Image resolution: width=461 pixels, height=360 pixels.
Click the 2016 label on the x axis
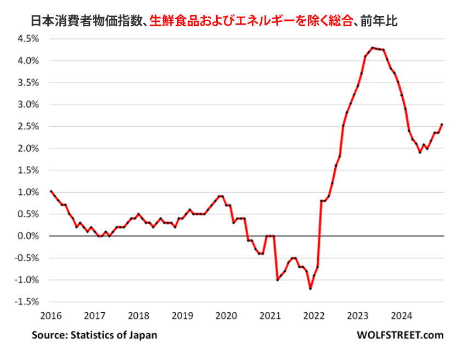point(51,316)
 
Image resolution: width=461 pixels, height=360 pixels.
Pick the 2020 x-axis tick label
point(226,316)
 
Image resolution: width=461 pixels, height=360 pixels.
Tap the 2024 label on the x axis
point(402,316)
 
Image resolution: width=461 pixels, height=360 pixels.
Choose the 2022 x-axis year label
point(314,316)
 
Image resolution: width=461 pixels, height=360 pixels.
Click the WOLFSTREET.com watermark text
point(400,334)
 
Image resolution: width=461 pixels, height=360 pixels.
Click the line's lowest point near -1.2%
point(310,288)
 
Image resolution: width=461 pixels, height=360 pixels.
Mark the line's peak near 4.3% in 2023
point(373,48)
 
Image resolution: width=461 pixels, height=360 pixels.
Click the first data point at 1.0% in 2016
point(51,192)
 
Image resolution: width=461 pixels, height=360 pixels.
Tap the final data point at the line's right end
point(442,125)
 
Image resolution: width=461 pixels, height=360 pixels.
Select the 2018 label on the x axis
point(138,316)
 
